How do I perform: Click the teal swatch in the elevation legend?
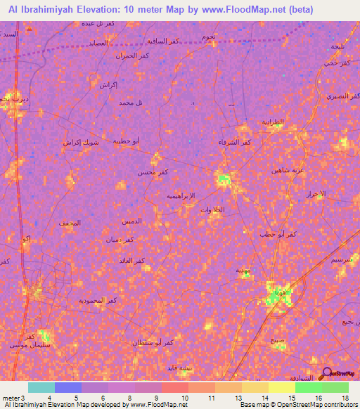tap(41, 387)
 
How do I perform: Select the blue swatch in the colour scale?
tap(68, 387)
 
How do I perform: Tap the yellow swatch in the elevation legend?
tap(282, 387)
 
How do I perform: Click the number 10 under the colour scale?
tap(184, 398)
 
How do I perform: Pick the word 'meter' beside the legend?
tap(12, 398)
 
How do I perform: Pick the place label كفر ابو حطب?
tap(277, 233)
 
